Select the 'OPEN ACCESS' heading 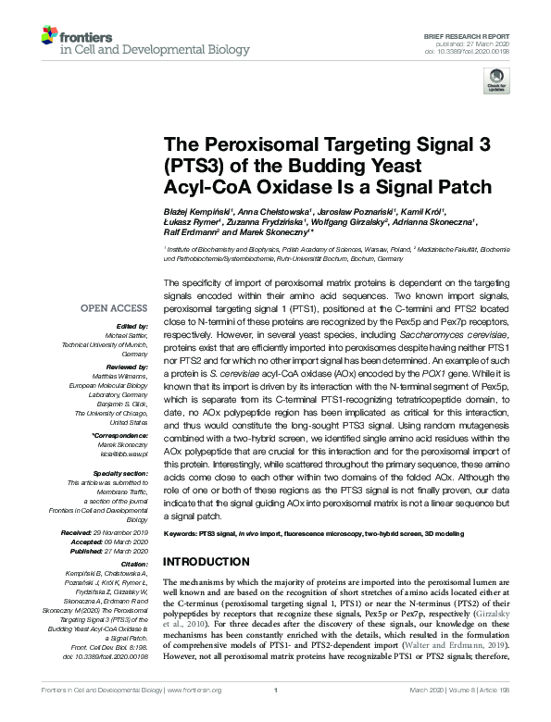113,307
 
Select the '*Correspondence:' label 120,434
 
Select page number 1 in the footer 276,715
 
